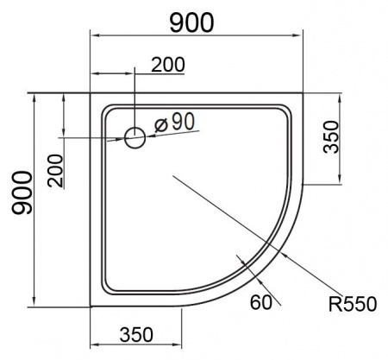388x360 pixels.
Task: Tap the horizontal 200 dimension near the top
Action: click(x=168, y=66)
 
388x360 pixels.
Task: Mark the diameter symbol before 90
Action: click(x=160, y=123)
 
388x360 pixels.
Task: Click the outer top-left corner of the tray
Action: click(x=91, y=92)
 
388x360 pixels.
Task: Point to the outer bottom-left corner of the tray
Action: click(x=91, y=306)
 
